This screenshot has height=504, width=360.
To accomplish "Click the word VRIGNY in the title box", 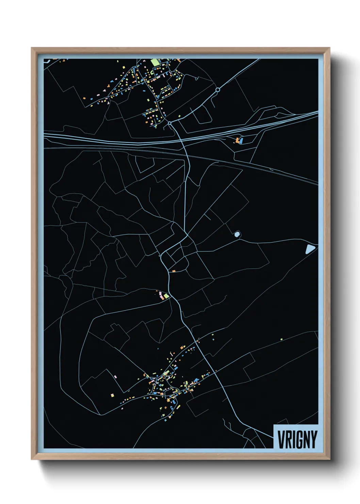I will pos(297,439).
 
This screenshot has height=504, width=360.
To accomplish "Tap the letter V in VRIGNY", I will pos(282,439).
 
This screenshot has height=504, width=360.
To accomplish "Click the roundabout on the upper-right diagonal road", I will pos(217,90).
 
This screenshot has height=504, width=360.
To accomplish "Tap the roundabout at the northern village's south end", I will pos(169,123).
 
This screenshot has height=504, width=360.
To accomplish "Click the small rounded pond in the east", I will pos(237,234).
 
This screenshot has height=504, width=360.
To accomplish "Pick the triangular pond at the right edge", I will pos(310,249).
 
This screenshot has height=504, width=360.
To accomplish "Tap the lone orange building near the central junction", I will pos(174,271).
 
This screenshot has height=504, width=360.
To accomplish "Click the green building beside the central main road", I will pos(166,296).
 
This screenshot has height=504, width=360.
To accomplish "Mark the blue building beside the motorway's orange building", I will pos(241,140).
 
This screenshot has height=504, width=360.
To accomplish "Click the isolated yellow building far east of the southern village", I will pos(281,339).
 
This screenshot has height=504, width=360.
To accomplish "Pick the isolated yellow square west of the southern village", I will pos(112,395).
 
